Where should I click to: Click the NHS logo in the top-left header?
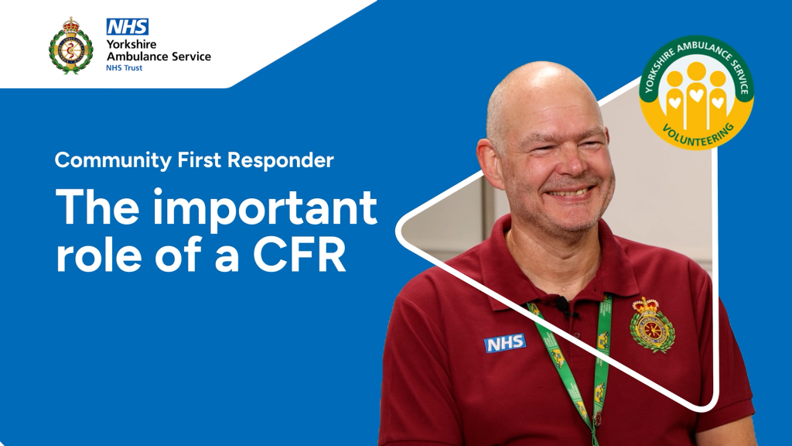128,27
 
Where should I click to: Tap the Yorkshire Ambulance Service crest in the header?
70,46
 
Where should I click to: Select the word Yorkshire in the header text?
131,44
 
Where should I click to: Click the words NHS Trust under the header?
125,68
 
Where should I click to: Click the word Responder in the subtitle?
280,160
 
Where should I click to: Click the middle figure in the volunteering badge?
697,94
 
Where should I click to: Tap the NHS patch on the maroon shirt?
505,343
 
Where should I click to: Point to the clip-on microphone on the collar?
562,304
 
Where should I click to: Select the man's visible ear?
489,163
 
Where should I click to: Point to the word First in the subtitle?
199,160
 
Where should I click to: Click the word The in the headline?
97,207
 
